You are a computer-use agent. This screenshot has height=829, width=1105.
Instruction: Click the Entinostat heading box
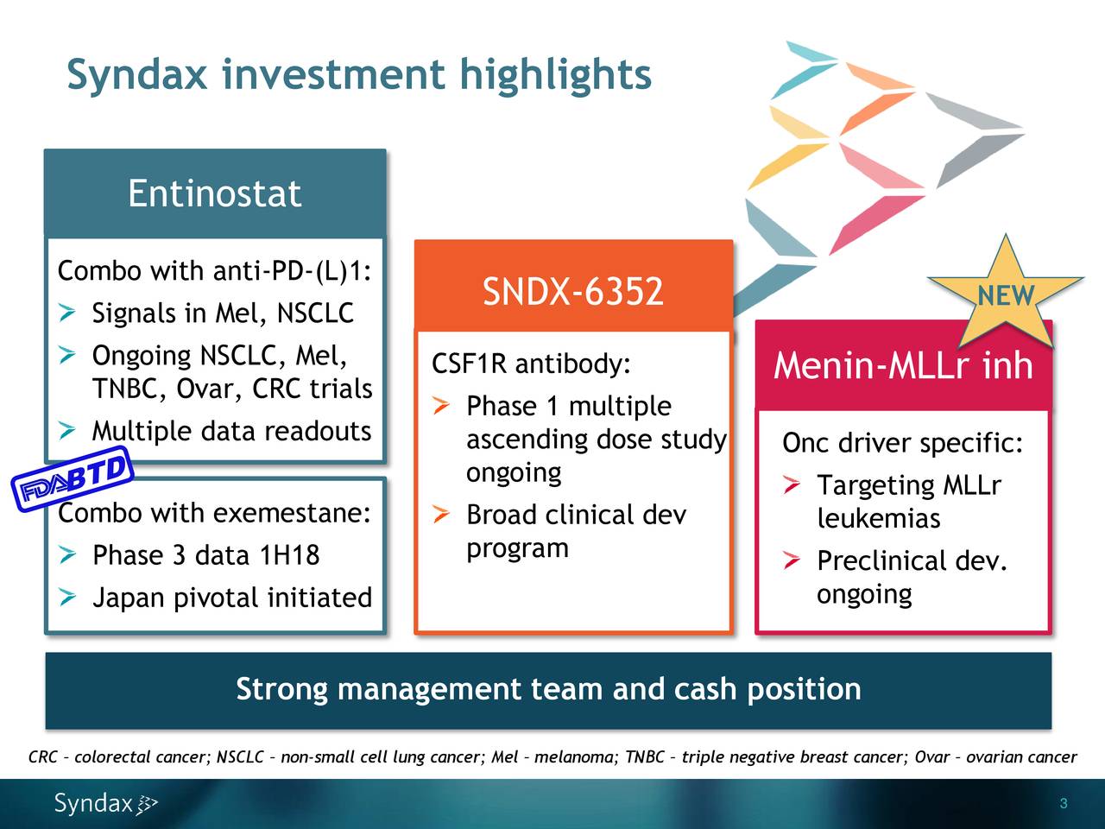[215, 193]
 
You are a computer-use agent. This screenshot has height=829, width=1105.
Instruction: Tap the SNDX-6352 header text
[573, 291]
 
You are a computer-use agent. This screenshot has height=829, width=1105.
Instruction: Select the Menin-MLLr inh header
[903, 365]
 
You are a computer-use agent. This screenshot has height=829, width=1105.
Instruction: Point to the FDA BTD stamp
[73, 478]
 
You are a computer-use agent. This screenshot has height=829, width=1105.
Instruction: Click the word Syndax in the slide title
[137, 75]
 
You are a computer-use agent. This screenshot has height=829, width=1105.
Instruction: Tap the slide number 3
[1064, 803]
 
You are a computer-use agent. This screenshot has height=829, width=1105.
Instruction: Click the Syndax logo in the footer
[105, 803]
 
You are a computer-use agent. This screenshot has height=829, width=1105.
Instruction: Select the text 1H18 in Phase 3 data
[289, 555]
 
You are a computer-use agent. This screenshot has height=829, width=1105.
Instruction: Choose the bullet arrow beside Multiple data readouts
[67, 431]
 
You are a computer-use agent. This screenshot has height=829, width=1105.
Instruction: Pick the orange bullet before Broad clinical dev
[441, 515]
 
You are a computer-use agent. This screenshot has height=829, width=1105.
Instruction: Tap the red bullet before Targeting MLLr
[792, 484]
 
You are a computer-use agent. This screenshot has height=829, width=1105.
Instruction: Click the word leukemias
[879, 518]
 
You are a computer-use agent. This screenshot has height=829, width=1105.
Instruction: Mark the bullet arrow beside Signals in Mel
[67, 313]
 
